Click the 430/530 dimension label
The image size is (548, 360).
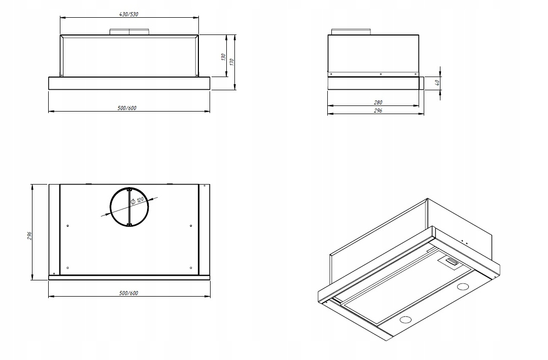coord(128,14)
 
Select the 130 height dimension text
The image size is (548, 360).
coord(223,57)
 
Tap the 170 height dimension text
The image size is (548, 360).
coord(232,62)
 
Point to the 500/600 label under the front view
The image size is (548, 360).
coord(127,108)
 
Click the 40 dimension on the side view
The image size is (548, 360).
coord(437,83)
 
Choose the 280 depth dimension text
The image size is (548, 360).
coord(378,102)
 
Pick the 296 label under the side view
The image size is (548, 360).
coord(378,111)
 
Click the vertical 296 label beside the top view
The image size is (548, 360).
coord(29,236)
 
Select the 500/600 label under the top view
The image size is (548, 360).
coord(128,293)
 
